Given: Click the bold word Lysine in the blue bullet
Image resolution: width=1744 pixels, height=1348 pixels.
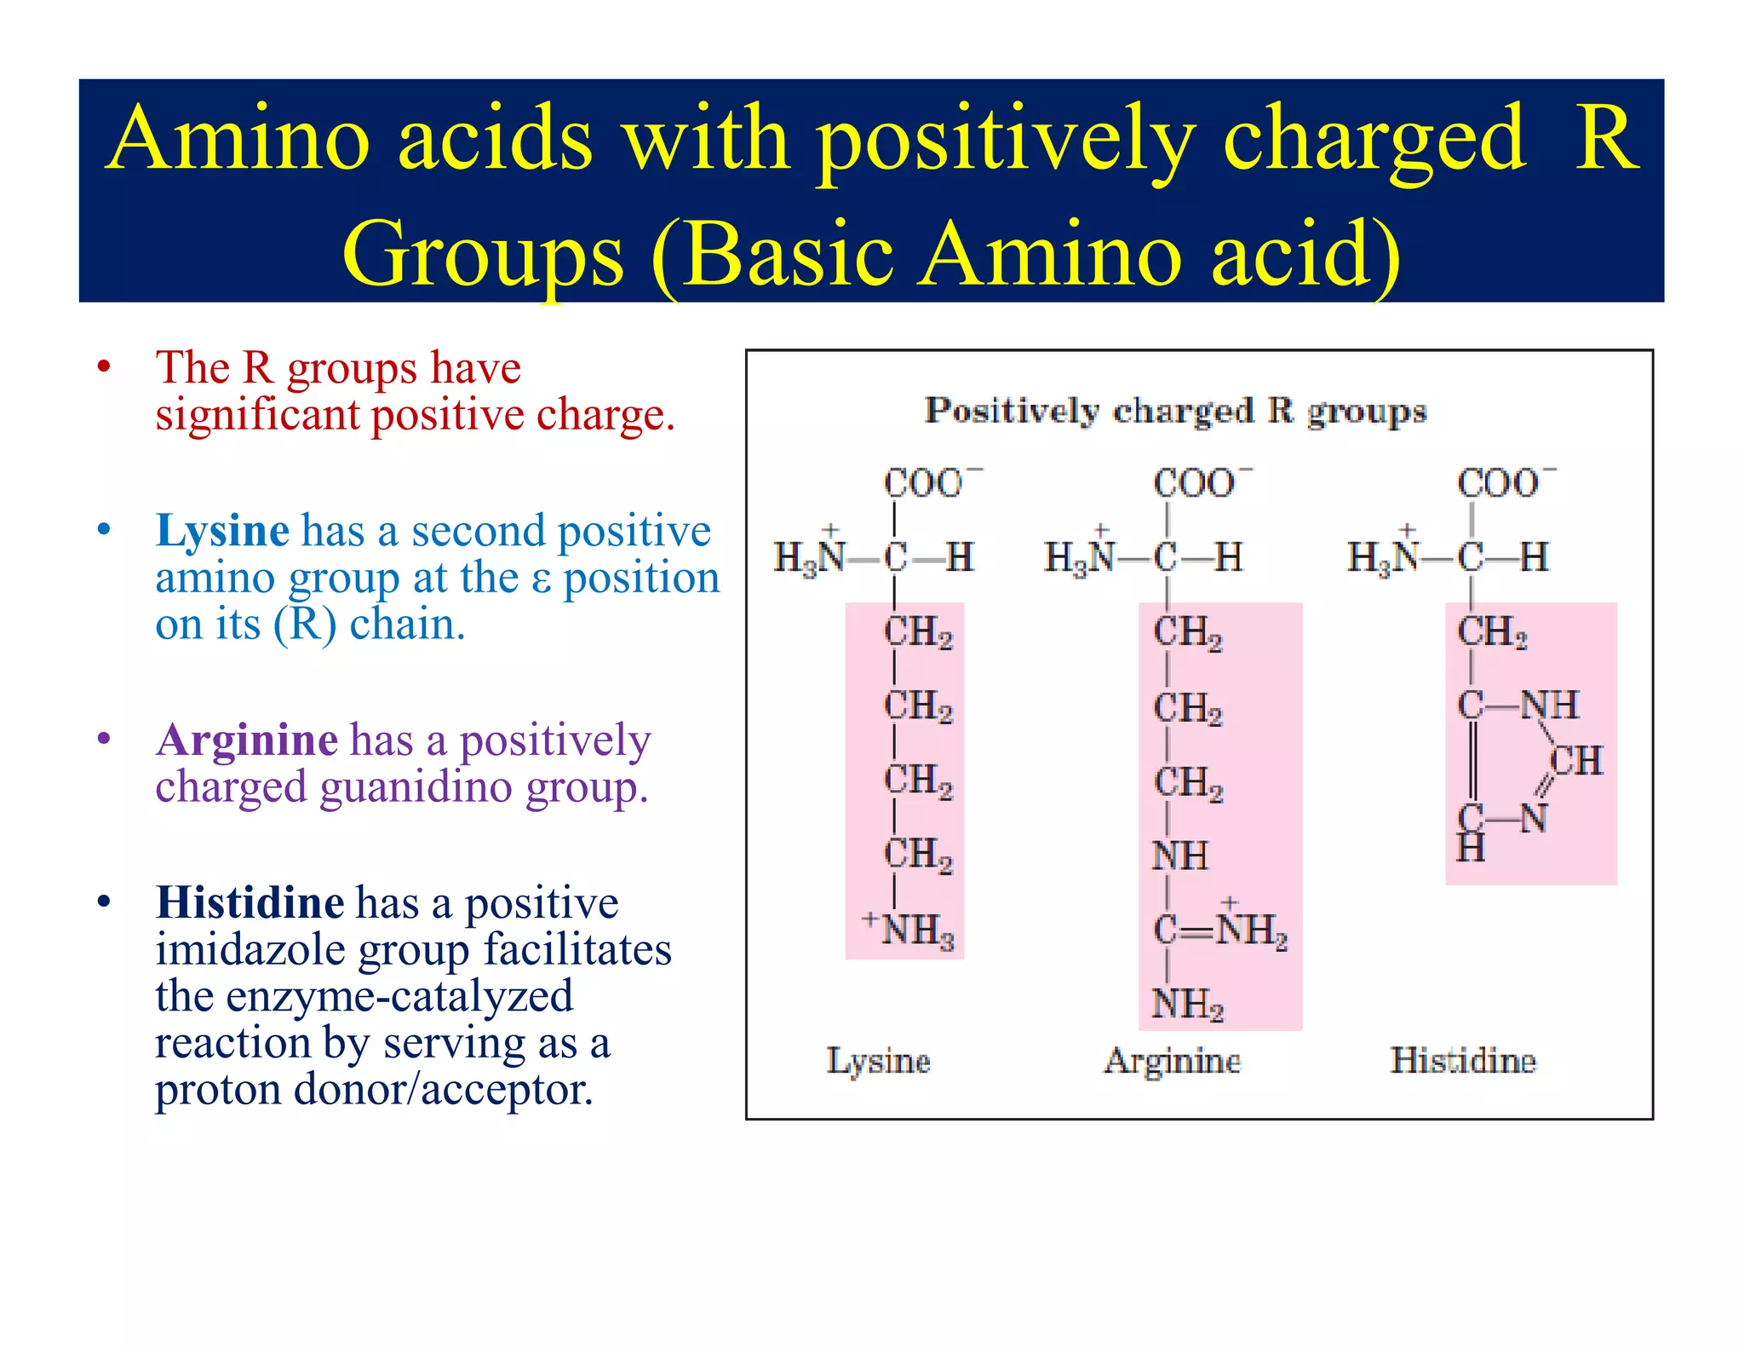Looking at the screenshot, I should pyautogui.click(x=222, y=531).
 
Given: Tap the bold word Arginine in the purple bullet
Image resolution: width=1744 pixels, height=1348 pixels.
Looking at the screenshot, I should pyautogui.click(x=247, y=740).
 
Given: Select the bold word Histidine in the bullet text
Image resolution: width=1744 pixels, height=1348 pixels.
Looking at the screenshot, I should pyautogui.click(x=250, y=902).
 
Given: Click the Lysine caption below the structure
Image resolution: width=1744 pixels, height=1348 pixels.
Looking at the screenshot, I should pyautogui.click(x=878, y=1062).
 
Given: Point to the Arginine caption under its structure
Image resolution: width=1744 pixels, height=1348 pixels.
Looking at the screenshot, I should pyautogui.click(x=1172, y=1062).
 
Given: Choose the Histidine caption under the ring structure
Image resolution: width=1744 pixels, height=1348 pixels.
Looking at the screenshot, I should pyautogui.click(x=1463, y=1061).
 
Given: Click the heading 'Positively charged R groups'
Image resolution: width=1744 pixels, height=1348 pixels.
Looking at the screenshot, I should pyautogui.click(x=1175, y=411).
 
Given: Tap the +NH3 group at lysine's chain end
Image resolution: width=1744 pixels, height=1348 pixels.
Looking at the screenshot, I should pyautogui.click(x=909, y=930).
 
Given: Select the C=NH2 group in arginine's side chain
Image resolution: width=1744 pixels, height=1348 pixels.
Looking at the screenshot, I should pyautogui.click(x=1219, y=930).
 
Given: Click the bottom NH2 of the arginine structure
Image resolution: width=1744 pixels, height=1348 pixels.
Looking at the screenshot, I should pyautogui.click(x=1187, y=1004).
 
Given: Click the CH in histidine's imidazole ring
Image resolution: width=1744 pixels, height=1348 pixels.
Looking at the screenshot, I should pyautogui.click(x=1576, y=761).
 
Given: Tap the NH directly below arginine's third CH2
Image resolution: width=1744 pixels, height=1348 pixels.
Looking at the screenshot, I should pyautogui.click(x=1179, y=855).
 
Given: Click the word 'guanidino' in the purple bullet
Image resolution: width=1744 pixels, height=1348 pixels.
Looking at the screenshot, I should pyautogui.click(x=416, y=786).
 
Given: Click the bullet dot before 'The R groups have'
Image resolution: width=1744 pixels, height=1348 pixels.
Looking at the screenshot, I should pyautogui.click(x=104, y=368).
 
